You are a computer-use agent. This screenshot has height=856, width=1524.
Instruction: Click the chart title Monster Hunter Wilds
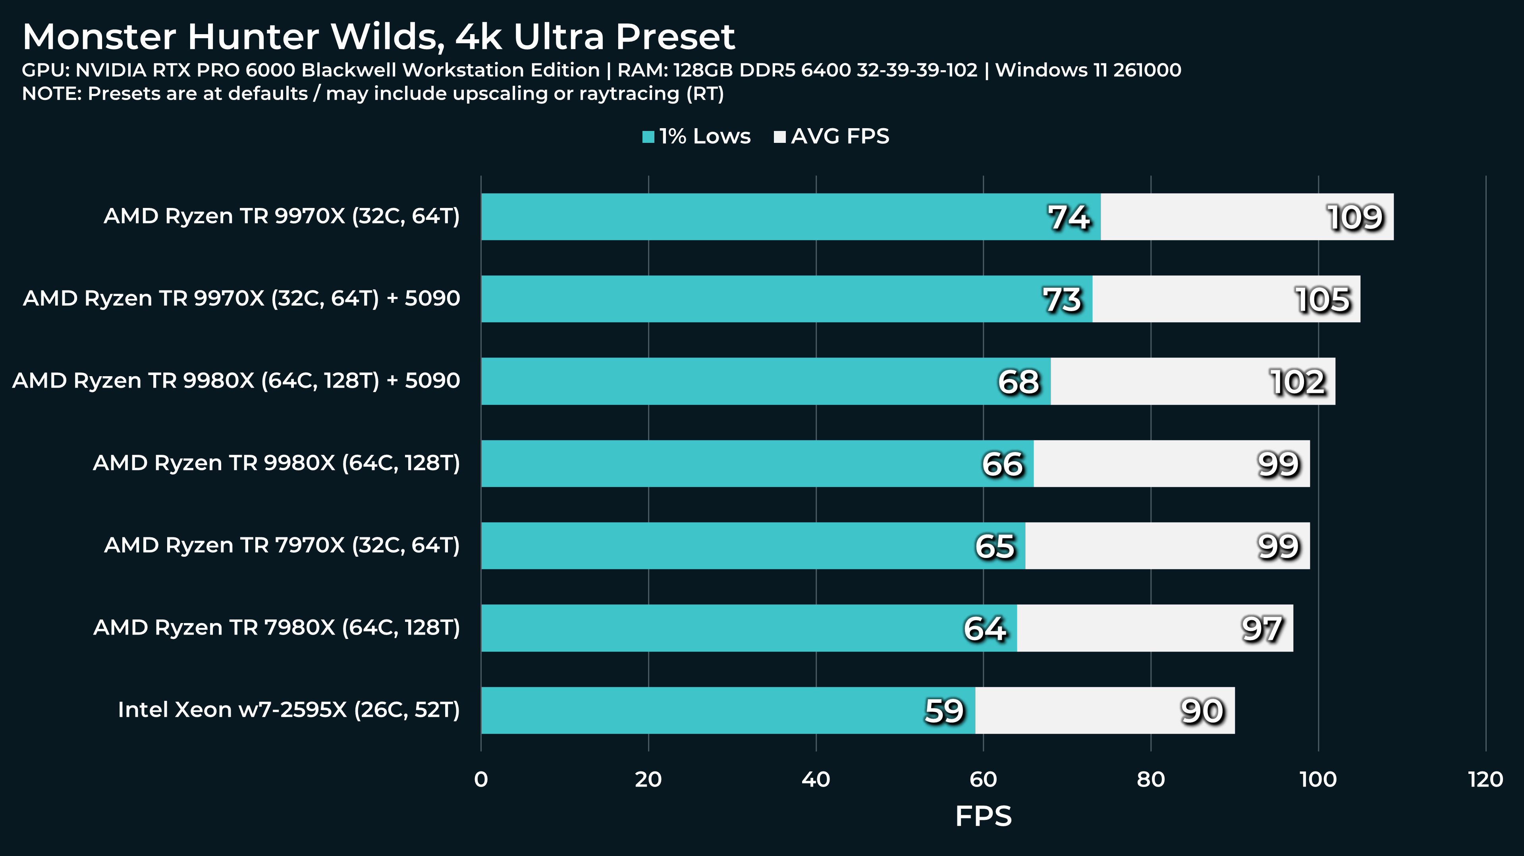pyautogui.click(x=379, y=37)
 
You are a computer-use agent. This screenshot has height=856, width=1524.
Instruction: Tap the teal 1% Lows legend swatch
pyautogui.click(x=648, y=137)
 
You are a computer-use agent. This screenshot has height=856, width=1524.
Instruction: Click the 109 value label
pyautogui.click(x=1355, y=217)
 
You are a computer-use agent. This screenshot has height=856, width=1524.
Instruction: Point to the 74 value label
pyautogui.click(x=1069, y=217)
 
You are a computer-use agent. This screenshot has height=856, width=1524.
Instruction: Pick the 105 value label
pyautogui.click(x=1323, y=300)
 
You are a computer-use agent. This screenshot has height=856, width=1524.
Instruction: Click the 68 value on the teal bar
pyautogui.click(x=1018, y=382)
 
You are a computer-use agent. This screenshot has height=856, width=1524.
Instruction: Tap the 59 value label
pyautogui.click(x=944, y=711)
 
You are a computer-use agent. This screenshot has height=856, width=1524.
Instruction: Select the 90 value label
pyautogui.click(x=1202, y=711)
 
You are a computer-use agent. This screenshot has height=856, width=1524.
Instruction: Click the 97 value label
pyautogui.click(x=1262, y=629)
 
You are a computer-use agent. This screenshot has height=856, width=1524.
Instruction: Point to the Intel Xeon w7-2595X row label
pyautogui.click(x=289, y=710)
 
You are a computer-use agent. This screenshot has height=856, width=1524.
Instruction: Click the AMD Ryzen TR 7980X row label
pyautogui.click(x=276, y=627)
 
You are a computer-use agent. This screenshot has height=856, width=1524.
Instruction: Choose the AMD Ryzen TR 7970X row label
pyautogui.click(x=282, y=545)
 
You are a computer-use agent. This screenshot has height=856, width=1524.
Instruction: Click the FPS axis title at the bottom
pyautogui.click(x=983, y=816)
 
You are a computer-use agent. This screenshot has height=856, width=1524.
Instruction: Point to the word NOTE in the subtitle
pyautogui.click(x=51, y=93)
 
